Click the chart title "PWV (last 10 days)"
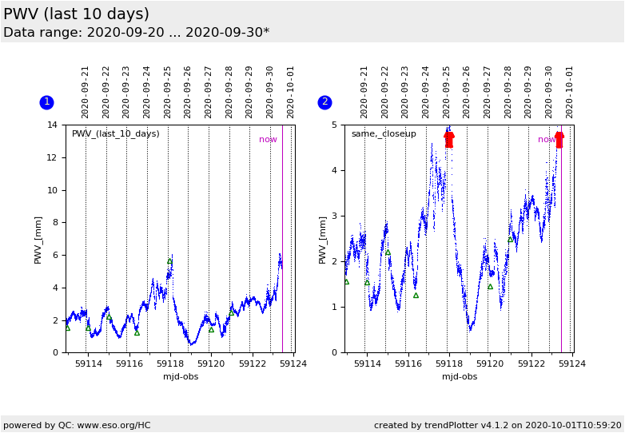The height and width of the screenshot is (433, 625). (76, 14)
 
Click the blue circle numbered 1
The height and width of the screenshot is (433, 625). (46, 102)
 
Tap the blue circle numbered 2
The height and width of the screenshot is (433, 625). (324, 102)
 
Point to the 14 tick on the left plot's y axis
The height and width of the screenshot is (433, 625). (52, 125)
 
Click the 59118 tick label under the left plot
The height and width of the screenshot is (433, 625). (170, 364)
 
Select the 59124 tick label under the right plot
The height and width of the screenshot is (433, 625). (571, 364)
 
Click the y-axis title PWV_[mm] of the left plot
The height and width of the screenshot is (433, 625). (38, 239)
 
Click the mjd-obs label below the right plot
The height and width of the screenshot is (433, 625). (460, 377)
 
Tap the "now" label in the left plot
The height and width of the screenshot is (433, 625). (268, 140)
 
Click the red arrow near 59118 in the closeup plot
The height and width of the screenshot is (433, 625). (448, 140)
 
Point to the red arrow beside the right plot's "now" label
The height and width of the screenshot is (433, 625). (559, 140)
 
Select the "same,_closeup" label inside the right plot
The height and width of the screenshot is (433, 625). (384, 134)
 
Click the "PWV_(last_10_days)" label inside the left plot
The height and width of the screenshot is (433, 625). (116, 134)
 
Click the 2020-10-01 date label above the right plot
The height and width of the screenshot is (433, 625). (570, 91)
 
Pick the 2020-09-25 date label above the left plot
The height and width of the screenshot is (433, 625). (168, 91)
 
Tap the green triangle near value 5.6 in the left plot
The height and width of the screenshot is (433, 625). (169, 261)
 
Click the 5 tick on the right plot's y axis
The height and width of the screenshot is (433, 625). (336, 125)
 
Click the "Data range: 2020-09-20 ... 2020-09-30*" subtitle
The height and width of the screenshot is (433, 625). (136, 33)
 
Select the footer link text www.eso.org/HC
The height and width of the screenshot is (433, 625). (113, 426)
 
